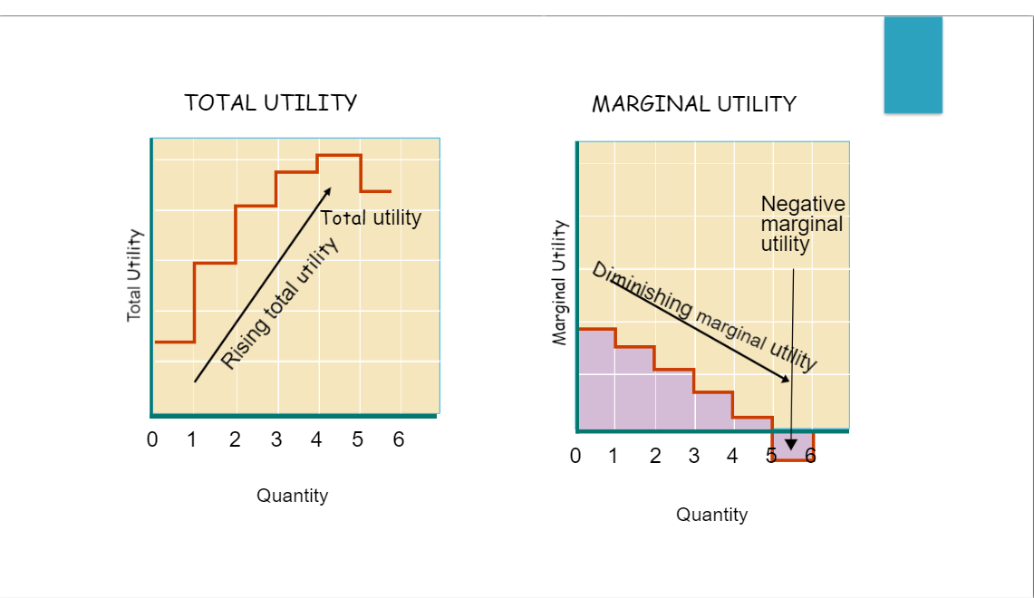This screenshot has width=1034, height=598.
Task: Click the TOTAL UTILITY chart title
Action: (x=271, y=102)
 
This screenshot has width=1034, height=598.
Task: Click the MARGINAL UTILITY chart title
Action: (x=693, y=104)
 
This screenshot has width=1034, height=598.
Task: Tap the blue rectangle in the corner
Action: (x=913, y=65)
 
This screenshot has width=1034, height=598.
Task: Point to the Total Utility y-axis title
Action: (x=134, y=275)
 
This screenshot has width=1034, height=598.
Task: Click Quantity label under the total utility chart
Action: (x=292, y=496)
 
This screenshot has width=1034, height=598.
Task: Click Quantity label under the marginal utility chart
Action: (x=711, y=515)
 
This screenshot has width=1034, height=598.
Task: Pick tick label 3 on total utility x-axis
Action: (x=275, y=440)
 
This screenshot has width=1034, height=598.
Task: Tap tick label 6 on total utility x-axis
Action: (x=398, y=440)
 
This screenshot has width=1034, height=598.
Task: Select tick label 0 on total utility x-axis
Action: (x=152, y=440)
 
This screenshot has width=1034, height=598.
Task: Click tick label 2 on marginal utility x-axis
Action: (x=654, y=456)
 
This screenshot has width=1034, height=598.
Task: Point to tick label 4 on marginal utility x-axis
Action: (x=732, y=456)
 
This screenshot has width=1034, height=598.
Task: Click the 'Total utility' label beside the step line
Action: (x=371, y=217)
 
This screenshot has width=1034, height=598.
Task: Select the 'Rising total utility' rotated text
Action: (x=279, y=304)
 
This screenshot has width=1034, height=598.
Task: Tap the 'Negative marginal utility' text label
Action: (x=802, y=223)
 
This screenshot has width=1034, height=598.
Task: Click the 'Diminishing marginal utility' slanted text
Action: (x=704, y=317)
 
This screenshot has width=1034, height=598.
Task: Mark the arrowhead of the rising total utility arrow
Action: (x=328, y=191)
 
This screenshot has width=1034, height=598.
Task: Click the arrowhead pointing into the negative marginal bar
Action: (x=791, y=444)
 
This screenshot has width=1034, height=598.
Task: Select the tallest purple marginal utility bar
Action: (x=595, y=379)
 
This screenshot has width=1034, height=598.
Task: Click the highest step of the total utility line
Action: (x=339, y=156)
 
